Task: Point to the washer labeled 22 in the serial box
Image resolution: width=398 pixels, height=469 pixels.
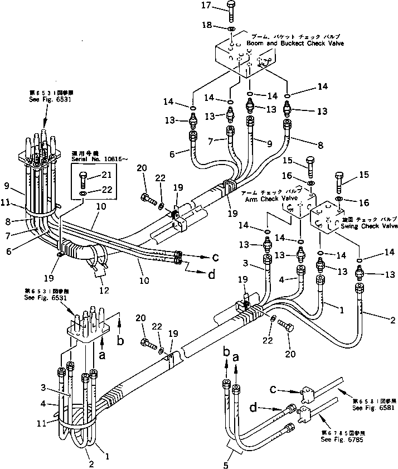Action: click(84, 193)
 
